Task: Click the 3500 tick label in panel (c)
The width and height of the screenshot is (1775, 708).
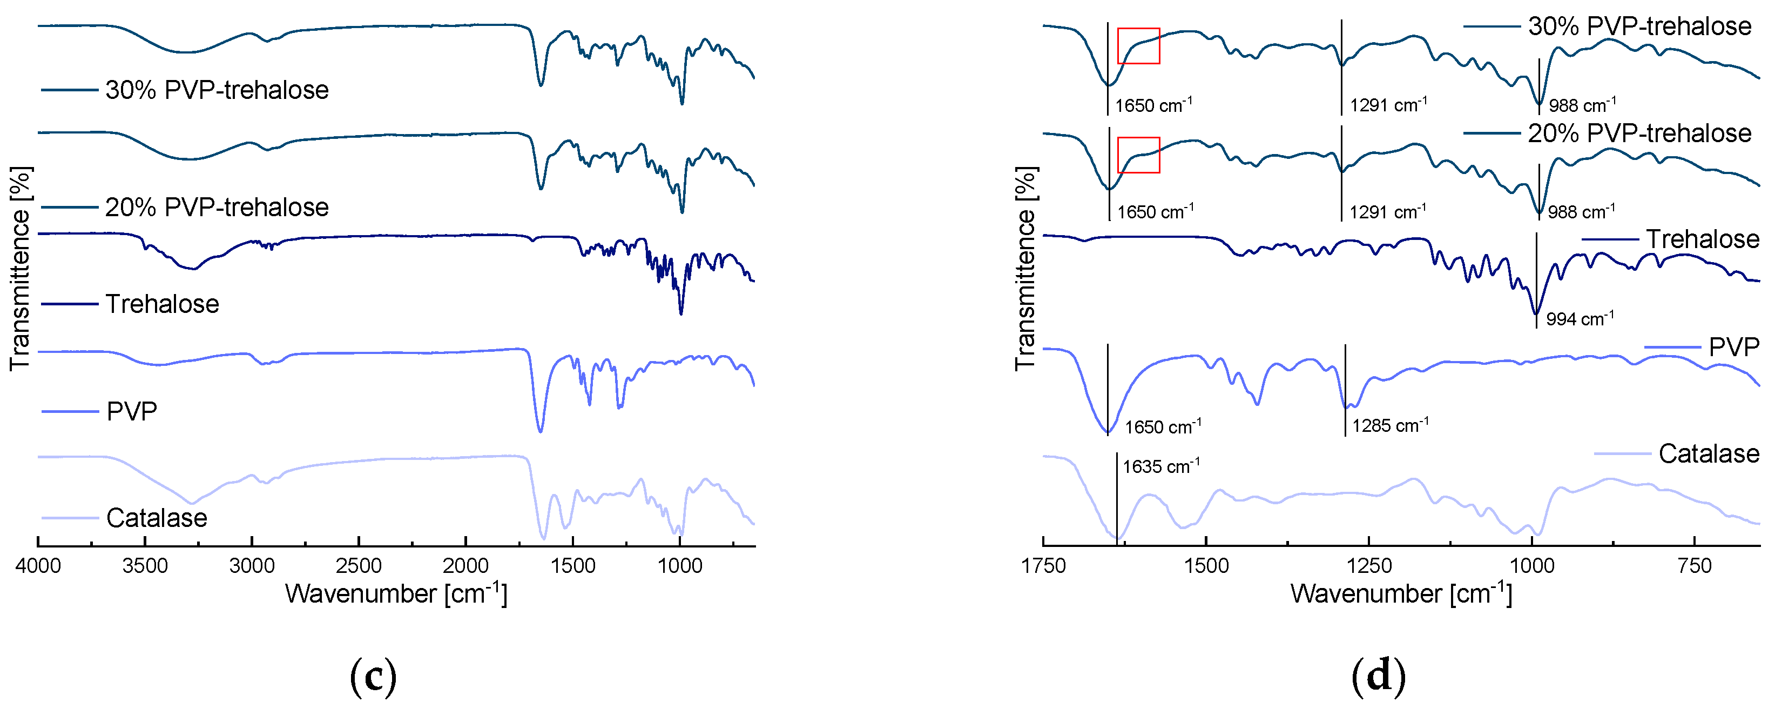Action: [145, 566]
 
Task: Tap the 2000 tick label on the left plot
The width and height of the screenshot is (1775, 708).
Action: [466, 566]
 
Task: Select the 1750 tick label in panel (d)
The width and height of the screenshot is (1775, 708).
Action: [1044, 566]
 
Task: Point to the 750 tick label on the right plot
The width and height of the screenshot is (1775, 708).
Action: [1695, 566]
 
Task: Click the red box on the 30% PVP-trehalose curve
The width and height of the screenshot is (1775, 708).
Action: [1138, 46]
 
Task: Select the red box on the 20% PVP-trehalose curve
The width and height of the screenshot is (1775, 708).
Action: [1138, 155]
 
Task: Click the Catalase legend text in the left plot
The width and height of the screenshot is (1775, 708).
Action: [157, 518]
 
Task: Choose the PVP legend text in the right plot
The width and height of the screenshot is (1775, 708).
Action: [1733, 347]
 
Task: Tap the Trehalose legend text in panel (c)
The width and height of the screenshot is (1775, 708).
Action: [162, 304]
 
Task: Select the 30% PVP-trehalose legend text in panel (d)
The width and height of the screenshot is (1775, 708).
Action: [1639, 26]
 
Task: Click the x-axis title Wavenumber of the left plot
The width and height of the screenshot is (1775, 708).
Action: [396, 593]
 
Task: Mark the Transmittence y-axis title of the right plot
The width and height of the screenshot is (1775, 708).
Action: [1025, 269]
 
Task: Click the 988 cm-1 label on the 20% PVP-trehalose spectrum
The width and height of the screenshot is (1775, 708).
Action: [1581, 212]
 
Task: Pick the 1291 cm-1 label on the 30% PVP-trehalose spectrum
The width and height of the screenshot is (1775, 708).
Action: [1388, 105]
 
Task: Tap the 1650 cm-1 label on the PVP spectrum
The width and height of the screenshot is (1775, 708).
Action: [1163, 427]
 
